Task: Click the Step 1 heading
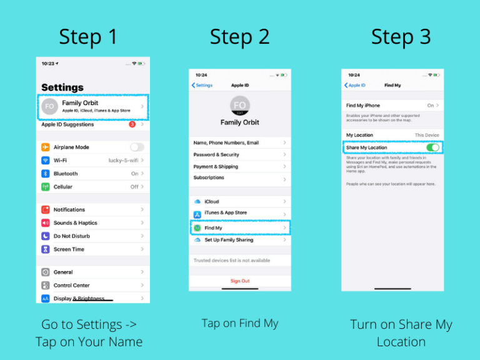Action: pyautogui.click(x=88, y=37)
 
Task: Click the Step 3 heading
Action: pyautogui.click(x=401, y=37)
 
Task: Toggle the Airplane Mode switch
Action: pyautogui.click(x=136, y=147)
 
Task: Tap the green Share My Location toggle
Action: pyautogui.click(x=432, y=147)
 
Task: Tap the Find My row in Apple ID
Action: pyautogui.click(x=240, y=228)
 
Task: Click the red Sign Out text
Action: pyautogui.click(x=240, y=281)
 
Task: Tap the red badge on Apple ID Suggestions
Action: pyautogui.click(x=132, y=124)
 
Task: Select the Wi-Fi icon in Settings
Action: pyautogui.click(x=46, y=161)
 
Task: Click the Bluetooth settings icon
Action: pyautogui.click(x=46, y=174)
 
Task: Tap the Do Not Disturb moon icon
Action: pyautogui.click(x=46, y=236)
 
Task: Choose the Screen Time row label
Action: pyautogui.click(x=69, y=249)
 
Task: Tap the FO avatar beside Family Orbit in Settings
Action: pyautogui.click(x=49, y=107)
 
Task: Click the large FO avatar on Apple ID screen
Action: pyautogui.click(x=240, y=105)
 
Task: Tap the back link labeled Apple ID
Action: pyautogui.click(x=355, y=85)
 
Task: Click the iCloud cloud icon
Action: pyautogui.click(x=197, y=202)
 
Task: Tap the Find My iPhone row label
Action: pyautogui.click(x=363, y=106)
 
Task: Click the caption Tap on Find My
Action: pyautogui.click(x=240, y=323)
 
